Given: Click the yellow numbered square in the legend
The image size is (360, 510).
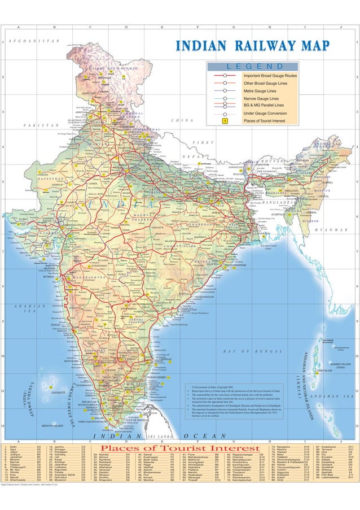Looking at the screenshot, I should click(224, 120).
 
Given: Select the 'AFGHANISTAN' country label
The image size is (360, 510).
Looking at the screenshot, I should click(35, 41).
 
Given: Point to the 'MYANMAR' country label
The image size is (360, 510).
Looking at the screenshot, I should click(327, 230).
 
